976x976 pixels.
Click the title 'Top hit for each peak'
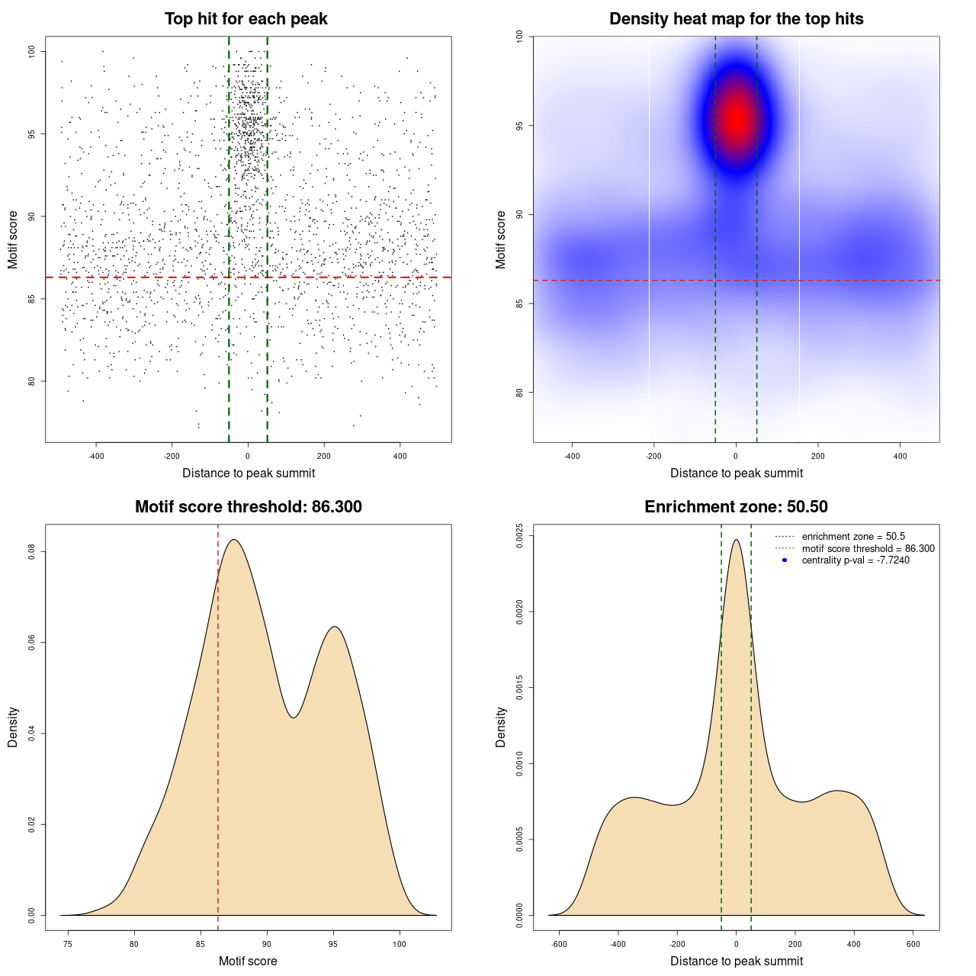(x=246, y=19)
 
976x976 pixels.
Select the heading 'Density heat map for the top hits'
(x=736, y=19)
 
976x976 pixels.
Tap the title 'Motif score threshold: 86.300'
(x=248, y=507)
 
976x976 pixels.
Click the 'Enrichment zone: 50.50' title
(x=736, y=507)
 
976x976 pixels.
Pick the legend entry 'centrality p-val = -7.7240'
(x=855, y=560)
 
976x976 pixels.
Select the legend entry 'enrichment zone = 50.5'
(x=853, y=537)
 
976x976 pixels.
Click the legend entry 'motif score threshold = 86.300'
(x=868, y=548)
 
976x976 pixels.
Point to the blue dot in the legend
(x=785, y=560)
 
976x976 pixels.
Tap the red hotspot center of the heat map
(x=737, y=118)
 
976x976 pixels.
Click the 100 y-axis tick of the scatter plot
(x=32, y=51)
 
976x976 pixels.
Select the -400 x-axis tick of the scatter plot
(x=96, y=456)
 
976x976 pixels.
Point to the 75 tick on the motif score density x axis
(x=68, y=944)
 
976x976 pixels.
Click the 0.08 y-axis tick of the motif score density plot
(x=32, y=551)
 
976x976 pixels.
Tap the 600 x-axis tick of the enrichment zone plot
(x=913, y=944)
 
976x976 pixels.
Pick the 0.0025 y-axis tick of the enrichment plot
(x=520, y=536)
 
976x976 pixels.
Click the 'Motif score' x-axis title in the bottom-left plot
(x=248, y=961)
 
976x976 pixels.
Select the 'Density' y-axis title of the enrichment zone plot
(x=501, y=727)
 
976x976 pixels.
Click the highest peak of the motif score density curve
(x=234, y=540)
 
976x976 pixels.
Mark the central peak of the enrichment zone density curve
(x=736, y=540)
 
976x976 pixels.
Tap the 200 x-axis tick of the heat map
(x=818, y=456)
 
